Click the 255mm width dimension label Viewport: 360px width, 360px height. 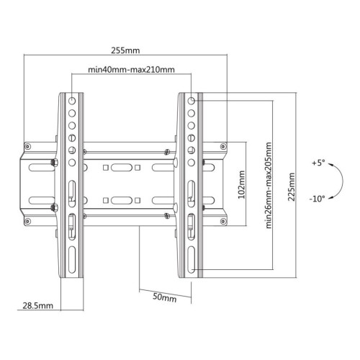(x=125, y=50)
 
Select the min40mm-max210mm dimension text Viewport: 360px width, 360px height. (x=131, y=70)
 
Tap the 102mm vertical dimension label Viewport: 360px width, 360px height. (x=241, y=184)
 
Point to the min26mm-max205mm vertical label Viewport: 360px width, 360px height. (x=269, y=185)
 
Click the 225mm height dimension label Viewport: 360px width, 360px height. (x=292, y=186)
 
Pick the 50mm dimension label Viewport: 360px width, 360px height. (x=165, y=297)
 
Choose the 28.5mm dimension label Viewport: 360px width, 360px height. (x=37, y=305)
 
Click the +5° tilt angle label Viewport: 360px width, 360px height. (x=318, y=163)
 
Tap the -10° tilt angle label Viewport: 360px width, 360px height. (x=317, y=199)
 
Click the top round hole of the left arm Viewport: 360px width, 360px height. (x=72, y=101)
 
